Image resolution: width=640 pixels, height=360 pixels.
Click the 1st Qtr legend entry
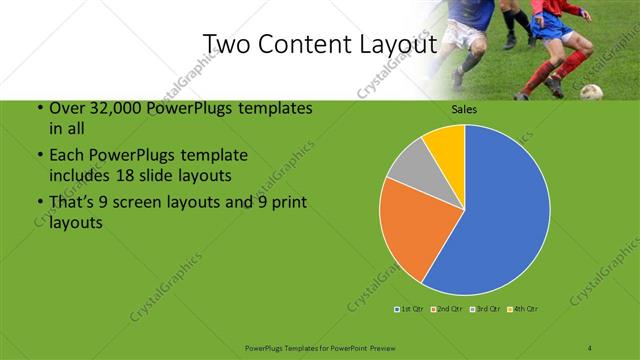pos(409,308)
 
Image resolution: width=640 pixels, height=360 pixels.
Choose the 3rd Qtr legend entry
pos(486,308)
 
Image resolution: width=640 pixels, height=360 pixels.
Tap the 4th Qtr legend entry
pos(525,308)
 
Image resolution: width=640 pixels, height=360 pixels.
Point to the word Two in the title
pos(226,44)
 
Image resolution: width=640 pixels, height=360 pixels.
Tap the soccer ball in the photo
pos(592,92)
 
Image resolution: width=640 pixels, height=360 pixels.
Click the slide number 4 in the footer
pos(590,347)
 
